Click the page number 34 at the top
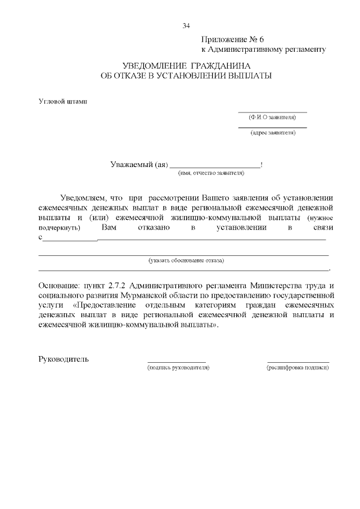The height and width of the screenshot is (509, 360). (186, 25)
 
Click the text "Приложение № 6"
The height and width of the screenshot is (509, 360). (232, 39)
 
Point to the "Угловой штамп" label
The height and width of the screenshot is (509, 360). (62, 102)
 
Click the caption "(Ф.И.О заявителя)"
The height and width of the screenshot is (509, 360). (273, 118)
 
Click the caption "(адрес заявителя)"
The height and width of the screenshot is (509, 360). (273, 133)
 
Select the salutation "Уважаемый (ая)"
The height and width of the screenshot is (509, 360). (139, 165)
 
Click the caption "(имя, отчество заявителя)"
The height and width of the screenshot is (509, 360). (211, 174)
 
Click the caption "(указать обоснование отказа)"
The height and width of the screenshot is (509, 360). (186, 260)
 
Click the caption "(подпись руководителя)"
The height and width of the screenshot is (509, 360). (178, 367)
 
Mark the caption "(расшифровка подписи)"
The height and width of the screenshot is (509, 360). (298, 367)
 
